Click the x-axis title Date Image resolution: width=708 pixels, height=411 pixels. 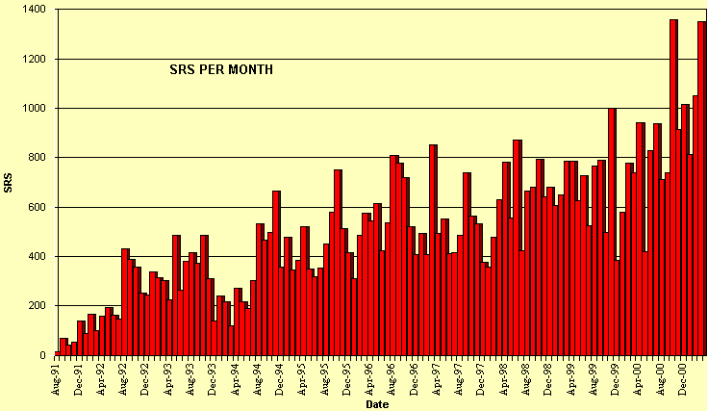(378, 404)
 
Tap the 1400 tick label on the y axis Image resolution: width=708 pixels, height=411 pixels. (37, 10)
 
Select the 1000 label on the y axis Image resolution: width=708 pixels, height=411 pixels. (37, 109)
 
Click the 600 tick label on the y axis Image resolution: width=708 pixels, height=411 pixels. (39, 207)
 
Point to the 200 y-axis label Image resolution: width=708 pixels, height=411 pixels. (39, 306)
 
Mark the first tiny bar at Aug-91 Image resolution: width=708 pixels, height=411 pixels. (58, 353)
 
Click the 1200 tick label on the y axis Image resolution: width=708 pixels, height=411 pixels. (37, 60)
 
